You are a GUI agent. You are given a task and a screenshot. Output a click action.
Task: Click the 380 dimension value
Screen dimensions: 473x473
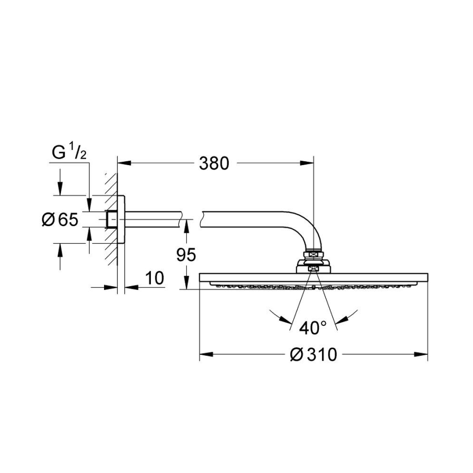click(214, 162)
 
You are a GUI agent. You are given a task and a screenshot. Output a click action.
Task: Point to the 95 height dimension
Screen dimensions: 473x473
click(186, 254)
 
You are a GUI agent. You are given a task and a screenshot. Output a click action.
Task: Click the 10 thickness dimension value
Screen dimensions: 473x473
click(155, 278)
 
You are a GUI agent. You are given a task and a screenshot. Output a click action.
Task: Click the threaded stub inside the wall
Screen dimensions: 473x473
click(112, 220)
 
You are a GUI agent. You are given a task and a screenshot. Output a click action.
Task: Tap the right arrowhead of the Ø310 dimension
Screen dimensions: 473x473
click(424, 355)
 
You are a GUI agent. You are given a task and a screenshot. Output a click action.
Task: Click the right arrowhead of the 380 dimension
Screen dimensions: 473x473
click(310, 162)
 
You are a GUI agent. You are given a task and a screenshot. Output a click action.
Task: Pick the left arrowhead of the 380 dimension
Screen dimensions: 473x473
click(123, 162)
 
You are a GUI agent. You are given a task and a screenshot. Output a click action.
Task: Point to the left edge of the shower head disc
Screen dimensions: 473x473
click(201, 278)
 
